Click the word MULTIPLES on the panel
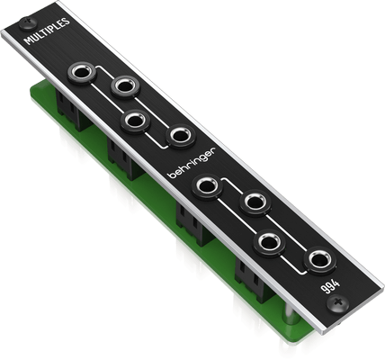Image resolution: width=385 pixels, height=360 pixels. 47,31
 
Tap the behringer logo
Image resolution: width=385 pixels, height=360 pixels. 192,163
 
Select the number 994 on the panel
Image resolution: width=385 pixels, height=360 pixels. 331,287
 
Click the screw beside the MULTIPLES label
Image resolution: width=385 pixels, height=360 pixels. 28,23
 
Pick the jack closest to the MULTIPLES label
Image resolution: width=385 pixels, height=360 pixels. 82,73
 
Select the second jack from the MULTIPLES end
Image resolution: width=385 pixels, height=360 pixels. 126,86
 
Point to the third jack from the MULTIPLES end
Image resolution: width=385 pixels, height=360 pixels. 135,121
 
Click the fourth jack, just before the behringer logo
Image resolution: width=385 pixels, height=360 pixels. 181,137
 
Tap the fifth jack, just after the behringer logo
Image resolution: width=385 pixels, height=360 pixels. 208,187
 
